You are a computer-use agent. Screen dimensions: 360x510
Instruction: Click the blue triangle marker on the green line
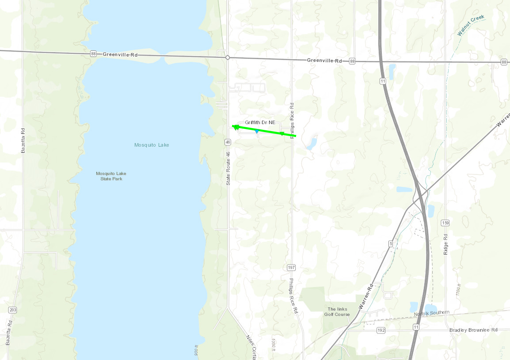point(257,131)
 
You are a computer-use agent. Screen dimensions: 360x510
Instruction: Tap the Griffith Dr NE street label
point(260,122)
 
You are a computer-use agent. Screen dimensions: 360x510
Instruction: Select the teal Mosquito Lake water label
point(152,145)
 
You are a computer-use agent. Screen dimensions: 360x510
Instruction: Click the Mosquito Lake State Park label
point(111,176)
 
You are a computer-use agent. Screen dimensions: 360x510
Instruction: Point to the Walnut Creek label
point(471,25)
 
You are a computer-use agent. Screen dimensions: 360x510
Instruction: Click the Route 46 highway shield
point(228,142)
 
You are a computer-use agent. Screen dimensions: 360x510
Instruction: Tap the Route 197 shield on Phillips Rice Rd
point(291,267)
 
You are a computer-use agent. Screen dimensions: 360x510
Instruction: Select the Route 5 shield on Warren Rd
point(391,244)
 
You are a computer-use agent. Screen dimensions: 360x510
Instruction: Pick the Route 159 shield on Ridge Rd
point(445,223)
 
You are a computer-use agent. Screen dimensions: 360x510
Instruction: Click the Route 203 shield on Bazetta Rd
point(12,310)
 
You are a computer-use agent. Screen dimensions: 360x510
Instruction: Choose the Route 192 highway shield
point(381,330)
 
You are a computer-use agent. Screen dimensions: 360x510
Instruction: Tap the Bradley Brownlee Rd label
point(473,330)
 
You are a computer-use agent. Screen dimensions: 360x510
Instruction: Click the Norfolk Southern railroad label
point(431,313)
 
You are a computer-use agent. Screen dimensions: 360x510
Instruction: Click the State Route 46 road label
point(228,168)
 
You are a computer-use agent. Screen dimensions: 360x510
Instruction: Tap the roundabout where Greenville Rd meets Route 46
point(227,57)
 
